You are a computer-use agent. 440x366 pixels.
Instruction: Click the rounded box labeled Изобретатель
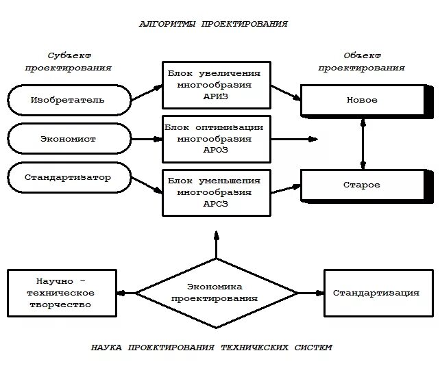[x=68, y=100]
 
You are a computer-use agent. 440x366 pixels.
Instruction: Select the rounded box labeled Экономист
[x=68, y=140]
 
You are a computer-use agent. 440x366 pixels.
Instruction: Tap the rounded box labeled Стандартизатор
[x=68, y=178]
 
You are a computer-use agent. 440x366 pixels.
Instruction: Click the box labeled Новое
[x=362, y=101]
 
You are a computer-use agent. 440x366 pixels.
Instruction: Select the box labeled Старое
[x=362, y=185]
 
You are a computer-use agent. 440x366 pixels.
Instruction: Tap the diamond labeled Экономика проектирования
[x=215, y=293]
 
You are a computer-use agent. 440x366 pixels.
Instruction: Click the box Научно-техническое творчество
[x=62, y=293]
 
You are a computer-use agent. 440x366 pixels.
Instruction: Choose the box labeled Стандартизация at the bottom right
[x=376, y=293]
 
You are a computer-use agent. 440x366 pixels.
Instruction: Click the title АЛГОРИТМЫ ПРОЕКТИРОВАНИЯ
[x=213, y=24]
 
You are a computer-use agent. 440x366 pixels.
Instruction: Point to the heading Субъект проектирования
[x=69, y=62]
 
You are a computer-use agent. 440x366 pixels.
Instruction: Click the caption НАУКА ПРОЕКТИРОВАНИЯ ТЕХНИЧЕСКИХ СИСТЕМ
[x=211, y=348]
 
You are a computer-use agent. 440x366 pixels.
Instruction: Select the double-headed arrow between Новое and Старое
[x=363, y=142]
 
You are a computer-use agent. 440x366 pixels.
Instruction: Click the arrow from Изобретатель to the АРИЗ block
[x=146, y=93]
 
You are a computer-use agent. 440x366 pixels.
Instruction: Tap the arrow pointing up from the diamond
[x=216, y=245]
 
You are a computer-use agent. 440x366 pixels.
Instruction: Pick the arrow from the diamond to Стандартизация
[x=310, y=293]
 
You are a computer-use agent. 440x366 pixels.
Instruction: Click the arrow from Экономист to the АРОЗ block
[x=147, y=140]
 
